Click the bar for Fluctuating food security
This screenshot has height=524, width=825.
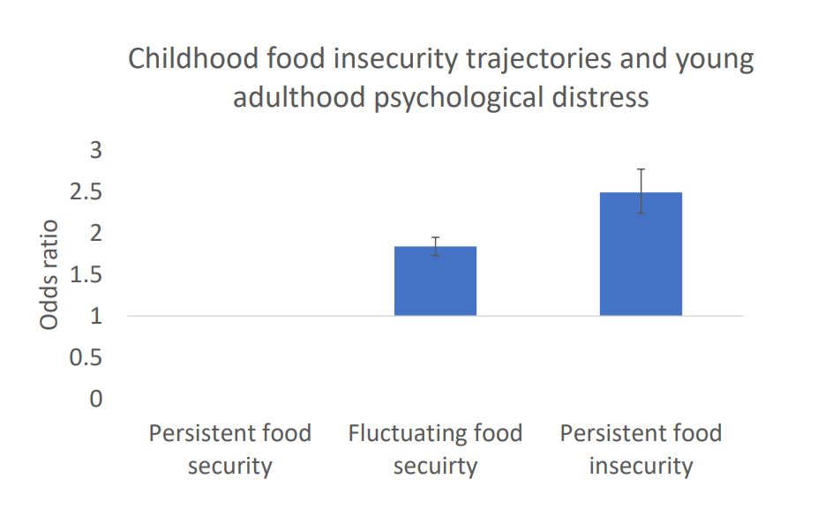[x=435, y=281]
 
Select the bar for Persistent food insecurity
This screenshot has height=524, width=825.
[x=641, y=254]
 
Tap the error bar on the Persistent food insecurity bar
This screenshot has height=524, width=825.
[x=641, y=191]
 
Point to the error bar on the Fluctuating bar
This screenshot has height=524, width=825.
[x=435, y=246]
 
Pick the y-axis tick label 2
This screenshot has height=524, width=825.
[x=95, y=233]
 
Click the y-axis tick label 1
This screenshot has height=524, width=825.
[x=95, y=316]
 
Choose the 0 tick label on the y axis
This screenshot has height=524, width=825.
[x=95, y=399]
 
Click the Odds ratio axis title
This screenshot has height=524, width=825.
[x=49, y=274]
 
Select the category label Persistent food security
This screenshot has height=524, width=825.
[x=229, y=449]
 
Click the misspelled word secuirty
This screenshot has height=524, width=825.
[x=435, y=466]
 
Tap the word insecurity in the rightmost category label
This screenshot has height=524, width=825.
[x=641, y=466]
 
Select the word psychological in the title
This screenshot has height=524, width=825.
[x=454, y=97]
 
